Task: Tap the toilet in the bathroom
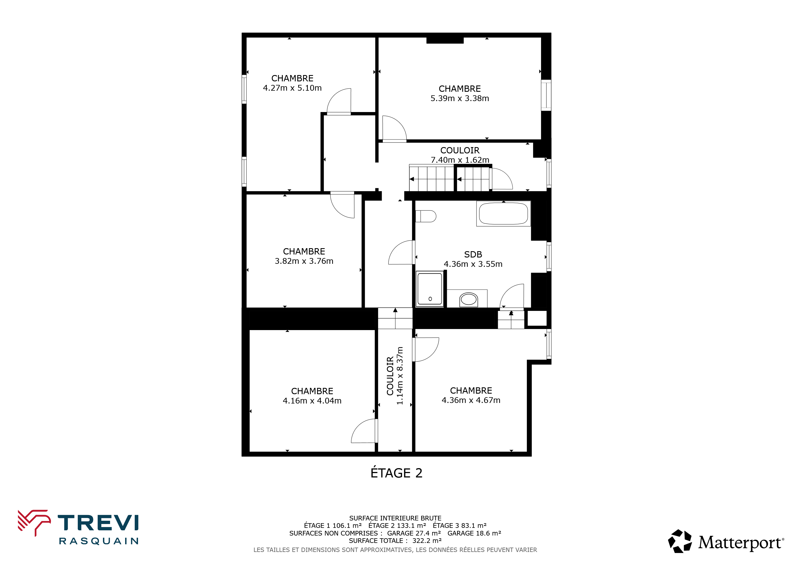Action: coord(426,216)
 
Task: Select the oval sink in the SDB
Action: coord(469,299)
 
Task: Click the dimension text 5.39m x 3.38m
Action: coord(460,98)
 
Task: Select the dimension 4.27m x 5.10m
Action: coord(292,88)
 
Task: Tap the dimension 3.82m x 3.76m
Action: coord(304,261)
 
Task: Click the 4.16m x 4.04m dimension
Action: coord(312,401)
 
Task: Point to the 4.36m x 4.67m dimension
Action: coord(471,400)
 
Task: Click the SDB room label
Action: coord(473,254)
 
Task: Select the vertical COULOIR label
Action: coord(390,376)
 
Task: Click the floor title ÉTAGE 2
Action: coord(396,473)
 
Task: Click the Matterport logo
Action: coord(726,541)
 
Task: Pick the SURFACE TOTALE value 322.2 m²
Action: coord(427,541)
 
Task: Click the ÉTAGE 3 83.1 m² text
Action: coord(460,526)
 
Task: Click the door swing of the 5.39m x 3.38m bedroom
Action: coord(394,128)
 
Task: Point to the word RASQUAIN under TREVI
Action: coord(99,541)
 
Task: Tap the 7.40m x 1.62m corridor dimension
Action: coord(460,160)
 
